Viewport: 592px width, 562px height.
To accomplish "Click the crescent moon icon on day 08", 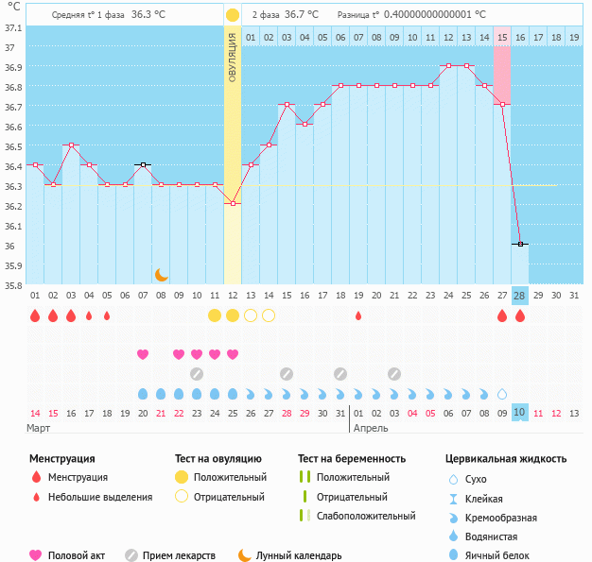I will click(x=162, y=274).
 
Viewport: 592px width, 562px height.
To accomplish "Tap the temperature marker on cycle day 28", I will click(x=519, y=244).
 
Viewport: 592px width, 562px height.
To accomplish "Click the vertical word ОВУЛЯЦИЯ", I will click(x=233, y=58).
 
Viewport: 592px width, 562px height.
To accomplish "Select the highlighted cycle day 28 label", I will click(x=519, y=295).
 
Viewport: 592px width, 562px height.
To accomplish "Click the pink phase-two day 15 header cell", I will click(x=501, y=37).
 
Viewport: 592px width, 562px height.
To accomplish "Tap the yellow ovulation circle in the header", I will click(x=233, y=15).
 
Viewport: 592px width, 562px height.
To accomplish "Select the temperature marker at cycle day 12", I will click(x=233, y=203).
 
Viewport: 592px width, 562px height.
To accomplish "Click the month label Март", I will click(x=39, y=428).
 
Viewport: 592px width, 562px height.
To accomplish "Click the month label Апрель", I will click(x=369, y=428).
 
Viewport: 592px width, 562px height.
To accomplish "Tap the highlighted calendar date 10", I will click(x=519, y=413).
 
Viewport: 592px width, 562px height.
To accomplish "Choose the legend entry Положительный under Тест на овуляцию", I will click(x=230, y=477).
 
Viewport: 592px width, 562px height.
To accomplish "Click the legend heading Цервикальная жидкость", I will click(x=506, y=458).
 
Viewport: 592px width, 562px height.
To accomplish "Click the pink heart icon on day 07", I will click(x=143, y=354).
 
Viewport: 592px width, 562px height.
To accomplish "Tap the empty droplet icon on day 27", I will click(x=501, y=393).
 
